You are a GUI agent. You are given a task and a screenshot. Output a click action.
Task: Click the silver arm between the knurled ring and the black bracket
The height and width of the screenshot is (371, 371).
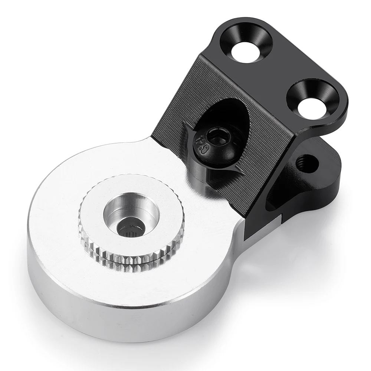(x=208, y=208)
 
